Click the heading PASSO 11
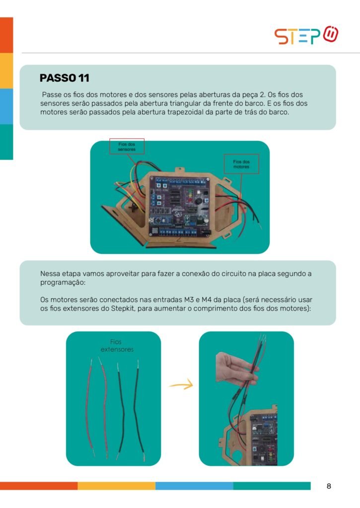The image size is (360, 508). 64,78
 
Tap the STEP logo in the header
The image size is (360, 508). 306,35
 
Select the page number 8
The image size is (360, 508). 329,486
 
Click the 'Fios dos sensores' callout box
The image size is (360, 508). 127,146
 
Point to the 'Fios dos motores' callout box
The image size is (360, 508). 241,164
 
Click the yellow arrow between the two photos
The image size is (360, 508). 181,385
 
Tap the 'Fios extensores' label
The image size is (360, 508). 117,346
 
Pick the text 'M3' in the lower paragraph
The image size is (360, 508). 189,300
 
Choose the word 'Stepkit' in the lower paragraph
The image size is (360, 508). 123,309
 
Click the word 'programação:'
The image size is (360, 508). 63,282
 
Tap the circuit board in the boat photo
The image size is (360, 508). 179,207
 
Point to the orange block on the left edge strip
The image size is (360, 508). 6,35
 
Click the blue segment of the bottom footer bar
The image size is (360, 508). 194,486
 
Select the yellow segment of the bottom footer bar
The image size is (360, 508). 116,486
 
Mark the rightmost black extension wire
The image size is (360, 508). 139,410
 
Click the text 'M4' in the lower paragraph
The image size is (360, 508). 207,300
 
